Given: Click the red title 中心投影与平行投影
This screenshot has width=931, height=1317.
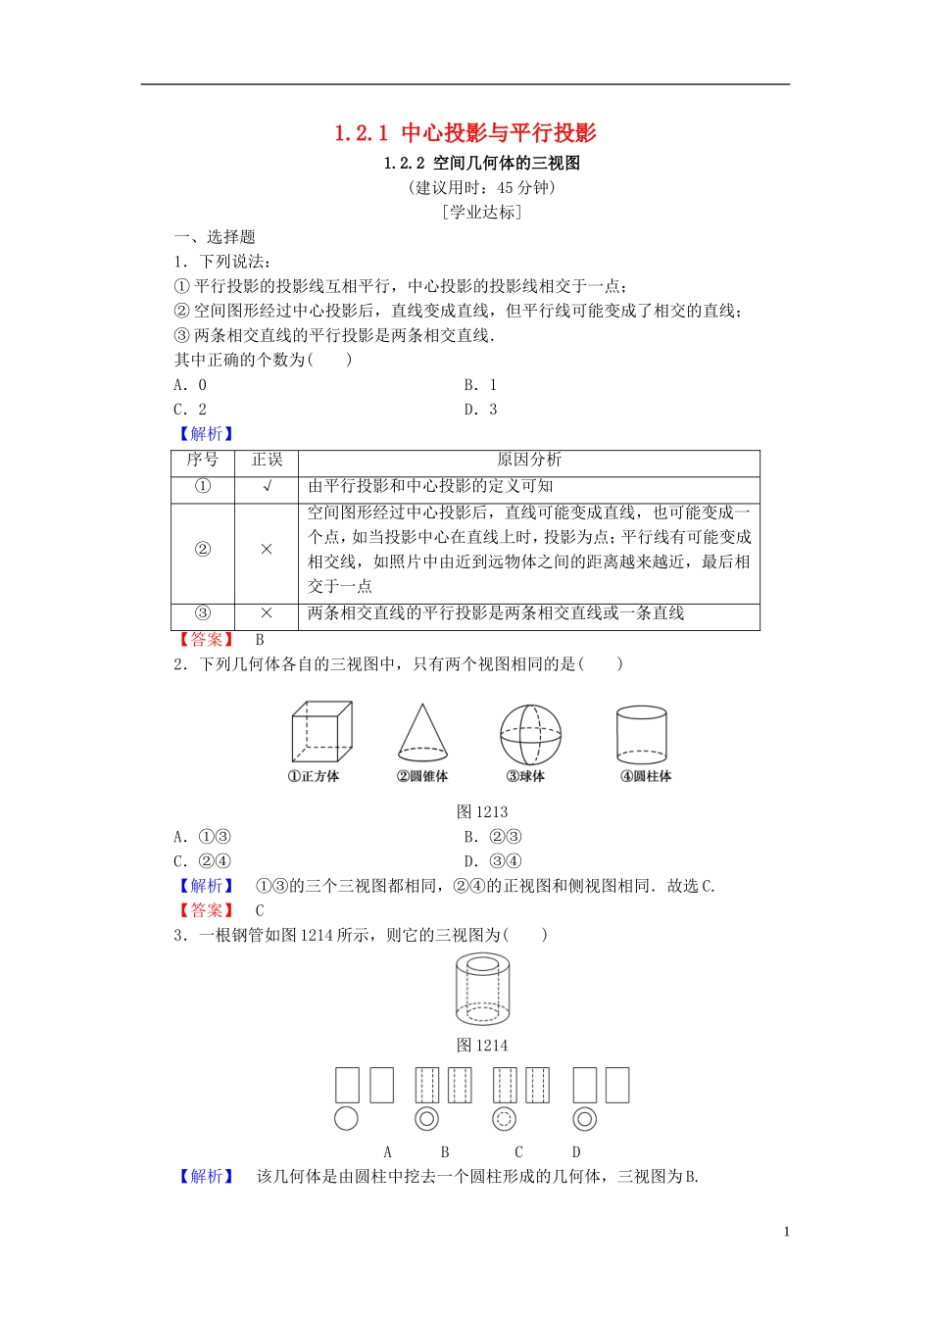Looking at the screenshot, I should (x=465, y=133).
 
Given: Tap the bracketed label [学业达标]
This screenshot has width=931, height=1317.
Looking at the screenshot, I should (x=481, y=212).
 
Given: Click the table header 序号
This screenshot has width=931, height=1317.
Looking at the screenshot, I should (x=202, y=460).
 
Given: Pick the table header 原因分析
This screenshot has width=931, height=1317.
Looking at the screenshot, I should (x=528, y=460).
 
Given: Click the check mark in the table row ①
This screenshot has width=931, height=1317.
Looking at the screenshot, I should (x=266, y=486).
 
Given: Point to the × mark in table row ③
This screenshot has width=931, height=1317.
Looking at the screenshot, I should (x=266, y=613).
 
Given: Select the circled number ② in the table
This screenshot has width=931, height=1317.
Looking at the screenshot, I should (x=202, y=550).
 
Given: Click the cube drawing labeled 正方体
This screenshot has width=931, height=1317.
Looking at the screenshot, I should (x=320, y=732).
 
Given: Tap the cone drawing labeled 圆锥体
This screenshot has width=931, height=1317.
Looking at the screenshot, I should (x=422, y=733).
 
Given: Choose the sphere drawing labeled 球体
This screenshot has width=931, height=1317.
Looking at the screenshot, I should (x=530, y=734).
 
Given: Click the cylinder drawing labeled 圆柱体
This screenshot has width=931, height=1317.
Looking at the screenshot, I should (x=642, y=735).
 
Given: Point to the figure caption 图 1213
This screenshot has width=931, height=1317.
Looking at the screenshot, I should (x=481, y=811).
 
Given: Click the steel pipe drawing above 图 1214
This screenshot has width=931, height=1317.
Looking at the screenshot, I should (x=482, y=990).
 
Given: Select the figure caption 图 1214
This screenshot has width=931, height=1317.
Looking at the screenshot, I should (x=481, y=1046).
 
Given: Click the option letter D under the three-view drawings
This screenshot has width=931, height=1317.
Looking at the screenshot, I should (x=576, y=1152).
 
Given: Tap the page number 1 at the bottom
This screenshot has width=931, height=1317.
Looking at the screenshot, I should (x=786, y=1232).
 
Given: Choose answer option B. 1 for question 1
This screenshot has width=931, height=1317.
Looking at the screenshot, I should (x=480, y=385).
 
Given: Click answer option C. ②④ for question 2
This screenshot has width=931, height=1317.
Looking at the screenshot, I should (x=202, y=861).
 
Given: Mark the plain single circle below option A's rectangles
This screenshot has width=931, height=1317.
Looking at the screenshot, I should (x=346, y=1118).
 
